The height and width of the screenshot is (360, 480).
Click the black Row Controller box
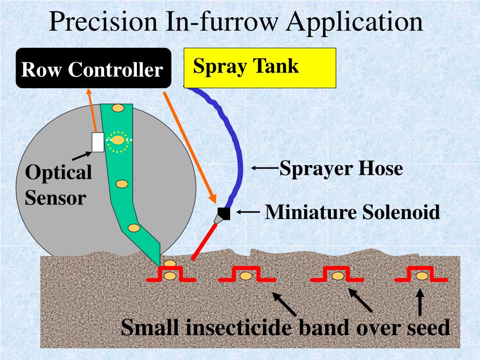tap(93, 68)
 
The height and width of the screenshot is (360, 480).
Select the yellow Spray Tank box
tap(260, 68)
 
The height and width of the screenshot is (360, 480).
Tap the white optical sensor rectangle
tap(97, 142)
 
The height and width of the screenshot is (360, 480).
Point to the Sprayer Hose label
tap(341, 168)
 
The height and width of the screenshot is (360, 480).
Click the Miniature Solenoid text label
tap(352, 213)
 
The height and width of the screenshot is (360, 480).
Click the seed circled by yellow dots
tap(118, 140)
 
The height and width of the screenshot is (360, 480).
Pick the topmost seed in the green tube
tap(118, 108)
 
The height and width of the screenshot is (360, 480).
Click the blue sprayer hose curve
tap(236, 141)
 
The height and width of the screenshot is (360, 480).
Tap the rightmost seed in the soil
tap(422, 276)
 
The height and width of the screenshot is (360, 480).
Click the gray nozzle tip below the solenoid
tap(218, 219)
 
